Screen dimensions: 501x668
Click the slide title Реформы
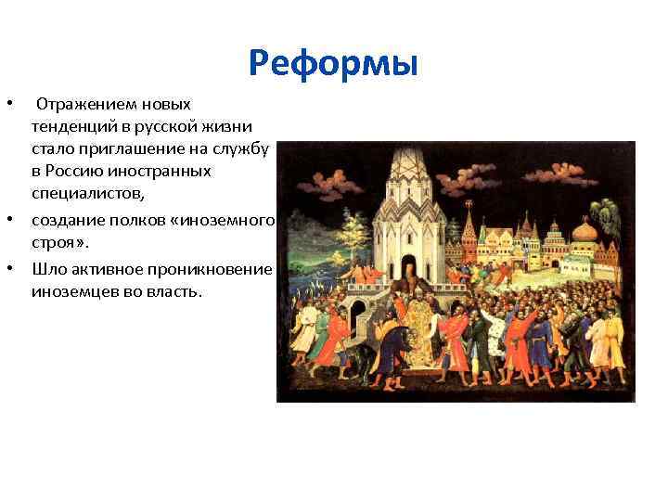pos(334,64)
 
